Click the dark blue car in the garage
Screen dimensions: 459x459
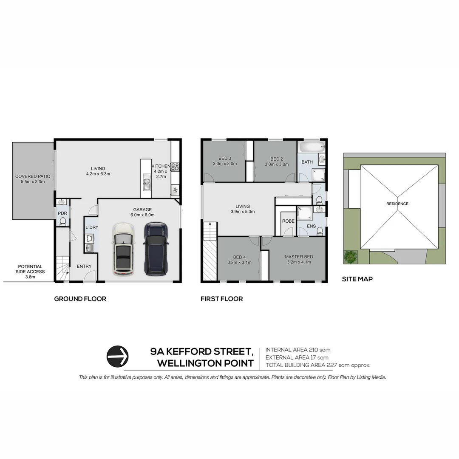coord(155,249)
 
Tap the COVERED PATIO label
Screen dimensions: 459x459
coord(33,179)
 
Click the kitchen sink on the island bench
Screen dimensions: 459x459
coord(147,184)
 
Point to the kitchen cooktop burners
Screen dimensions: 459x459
coord(175,167)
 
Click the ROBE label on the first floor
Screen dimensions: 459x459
coord(288,221)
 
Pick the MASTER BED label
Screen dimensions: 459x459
coord(299,257)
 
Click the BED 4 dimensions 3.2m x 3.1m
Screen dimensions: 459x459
coord(239,262)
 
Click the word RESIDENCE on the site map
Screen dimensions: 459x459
coord(397,204)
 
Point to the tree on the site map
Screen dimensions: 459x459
coord(351,256)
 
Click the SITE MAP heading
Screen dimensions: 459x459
coord(357,279)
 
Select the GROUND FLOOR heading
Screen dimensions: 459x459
coord(80,299)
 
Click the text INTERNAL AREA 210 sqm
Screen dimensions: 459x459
coord(297,350)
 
